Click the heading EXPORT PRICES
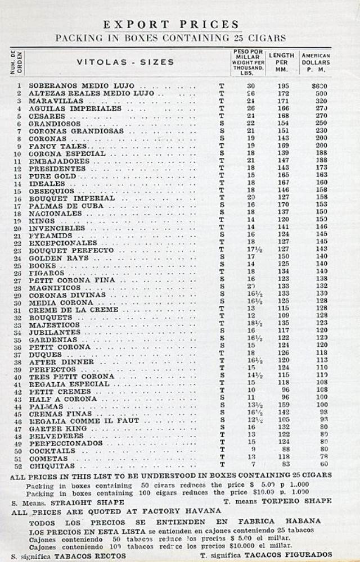pyautogui.click(x=172, y=24)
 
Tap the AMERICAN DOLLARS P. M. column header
pyautogui.click(x=316, y=62)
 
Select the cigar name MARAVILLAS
pyautogui.click(x=56, y=101)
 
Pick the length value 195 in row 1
pyautogui.click(x=283, y=86)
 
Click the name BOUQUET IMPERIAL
pyautogui.click(x=71, y=198)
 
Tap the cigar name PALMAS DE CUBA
pyautogui.click(x=64, y=206)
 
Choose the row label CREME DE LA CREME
pyautogui.click(x=74, y=310)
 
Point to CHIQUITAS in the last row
pyautogui.click(x=52, y=466)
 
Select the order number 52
pyautogui.click(x=19, y=466)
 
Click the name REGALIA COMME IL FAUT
pyautogui.click(x=92, y=421)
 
